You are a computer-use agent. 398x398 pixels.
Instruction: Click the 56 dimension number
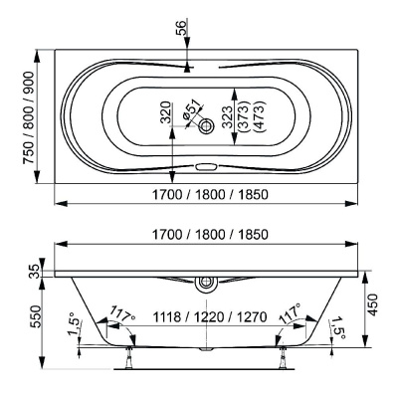click(x=181, y=31)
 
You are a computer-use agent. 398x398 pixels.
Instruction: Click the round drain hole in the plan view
click(x=206, y=127)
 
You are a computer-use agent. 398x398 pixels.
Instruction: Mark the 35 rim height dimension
click(x=35, y=270)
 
